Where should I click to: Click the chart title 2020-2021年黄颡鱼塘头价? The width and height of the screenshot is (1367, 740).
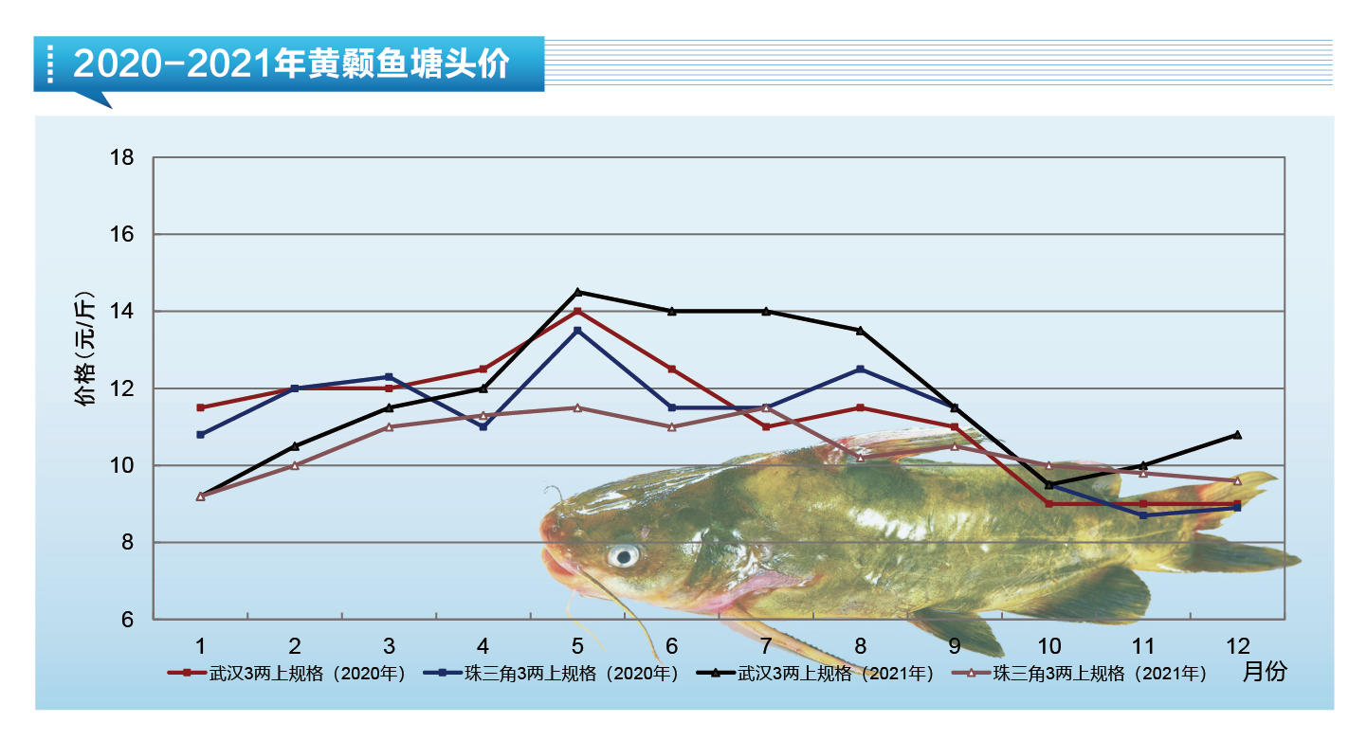pyautogui.click(x=291, y=64)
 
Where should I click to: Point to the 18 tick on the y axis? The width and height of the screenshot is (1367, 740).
pyautogui.click(x=122, y=157)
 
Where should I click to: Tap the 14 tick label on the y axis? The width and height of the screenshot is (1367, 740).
pyautogui.click(x=122, y=311)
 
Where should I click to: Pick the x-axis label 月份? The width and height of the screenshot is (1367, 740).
pyautogui.click(x=1264, y=672)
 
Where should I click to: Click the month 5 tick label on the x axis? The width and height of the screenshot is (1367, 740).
pyautogui.click(x=577, y=646)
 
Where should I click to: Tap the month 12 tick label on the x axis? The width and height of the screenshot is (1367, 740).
pyautogui.click(x=1236, y=646)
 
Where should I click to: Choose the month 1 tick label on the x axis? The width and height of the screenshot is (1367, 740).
pyautogui.click(x=201, y=646)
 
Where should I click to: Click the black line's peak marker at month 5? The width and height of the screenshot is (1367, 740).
pyautogui.click(x=577, y=292)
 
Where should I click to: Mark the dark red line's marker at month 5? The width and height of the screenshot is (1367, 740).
pyautogui.click(x=577, y=311)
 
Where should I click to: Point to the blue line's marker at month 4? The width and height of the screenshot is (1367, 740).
pyautogui.click(x=483, y=427)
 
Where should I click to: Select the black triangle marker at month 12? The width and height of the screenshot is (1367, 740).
pyautogui.click(x=1237, y=435)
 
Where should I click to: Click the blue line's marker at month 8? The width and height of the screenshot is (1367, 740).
pyautogui.click(x=860, y=369)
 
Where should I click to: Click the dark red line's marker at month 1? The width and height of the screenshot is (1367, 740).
pyautogui.click(x=201, y=407)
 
